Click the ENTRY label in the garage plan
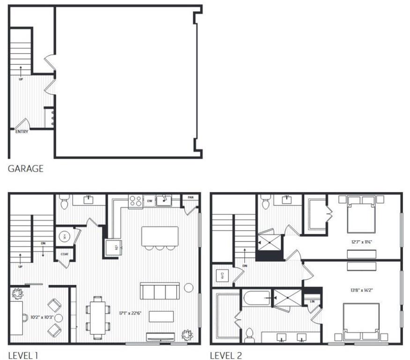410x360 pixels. coord(22,132)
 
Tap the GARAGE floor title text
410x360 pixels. coord(26,169)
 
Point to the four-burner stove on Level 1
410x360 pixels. coord(135,201)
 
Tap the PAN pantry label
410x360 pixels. coord(191,198)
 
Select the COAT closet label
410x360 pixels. coord(65,255)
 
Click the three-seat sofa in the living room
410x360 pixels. coord(160,291)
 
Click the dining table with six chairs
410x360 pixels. coord(98,317)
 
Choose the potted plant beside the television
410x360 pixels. coord(187,335)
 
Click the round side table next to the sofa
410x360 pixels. coord(189,287)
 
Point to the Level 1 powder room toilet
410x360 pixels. coord(65,202)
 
